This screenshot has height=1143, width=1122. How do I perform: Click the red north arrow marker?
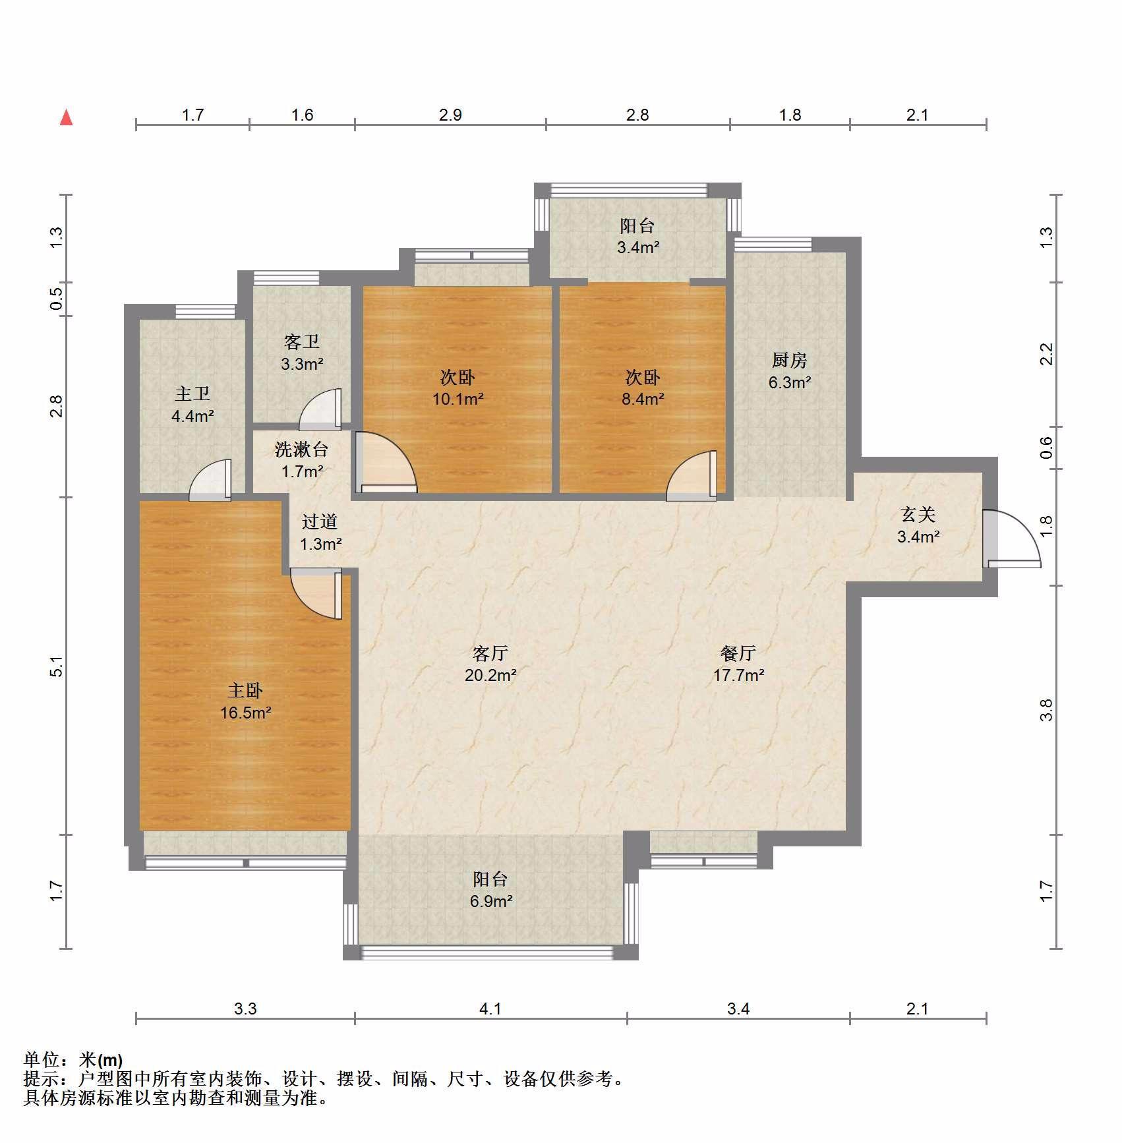66,117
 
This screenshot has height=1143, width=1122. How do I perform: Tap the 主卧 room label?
245,690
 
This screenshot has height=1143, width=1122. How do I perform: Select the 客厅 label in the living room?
490,653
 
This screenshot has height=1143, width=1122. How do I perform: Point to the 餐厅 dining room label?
738,653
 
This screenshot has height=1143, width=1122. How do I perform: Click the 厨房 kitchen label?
789,360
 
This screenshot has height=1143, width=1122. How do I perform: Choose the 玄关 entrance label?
918,514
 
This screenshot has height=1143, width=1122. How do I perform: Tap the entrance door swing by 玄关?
1011,538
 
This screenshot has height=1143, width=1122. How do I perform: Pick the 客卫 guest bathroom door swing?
320,409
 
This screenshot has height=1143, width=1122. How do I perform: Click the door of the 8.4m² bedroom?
692,475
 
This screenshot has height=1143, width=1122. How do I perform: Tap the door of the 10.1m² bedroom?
386,462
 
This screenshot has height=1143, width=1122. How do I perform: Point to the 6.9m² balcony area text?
491,901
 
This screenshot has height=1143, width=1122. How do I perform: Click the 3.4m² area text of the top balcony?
638,248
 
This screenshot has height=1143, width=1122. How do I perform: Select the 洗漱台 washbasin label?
301,450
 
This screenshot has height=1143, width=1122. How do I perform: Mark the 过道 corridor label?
320,521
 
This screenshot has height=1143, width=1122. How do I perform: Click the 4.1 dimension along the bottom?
490,1009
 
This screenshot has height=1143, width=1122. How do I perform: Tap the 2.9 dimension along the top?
450,115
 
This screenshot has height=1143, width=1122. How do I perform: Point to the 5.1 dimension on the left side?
57,666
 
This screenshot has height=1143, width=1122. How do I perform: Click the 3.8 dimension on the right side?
1046,710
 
